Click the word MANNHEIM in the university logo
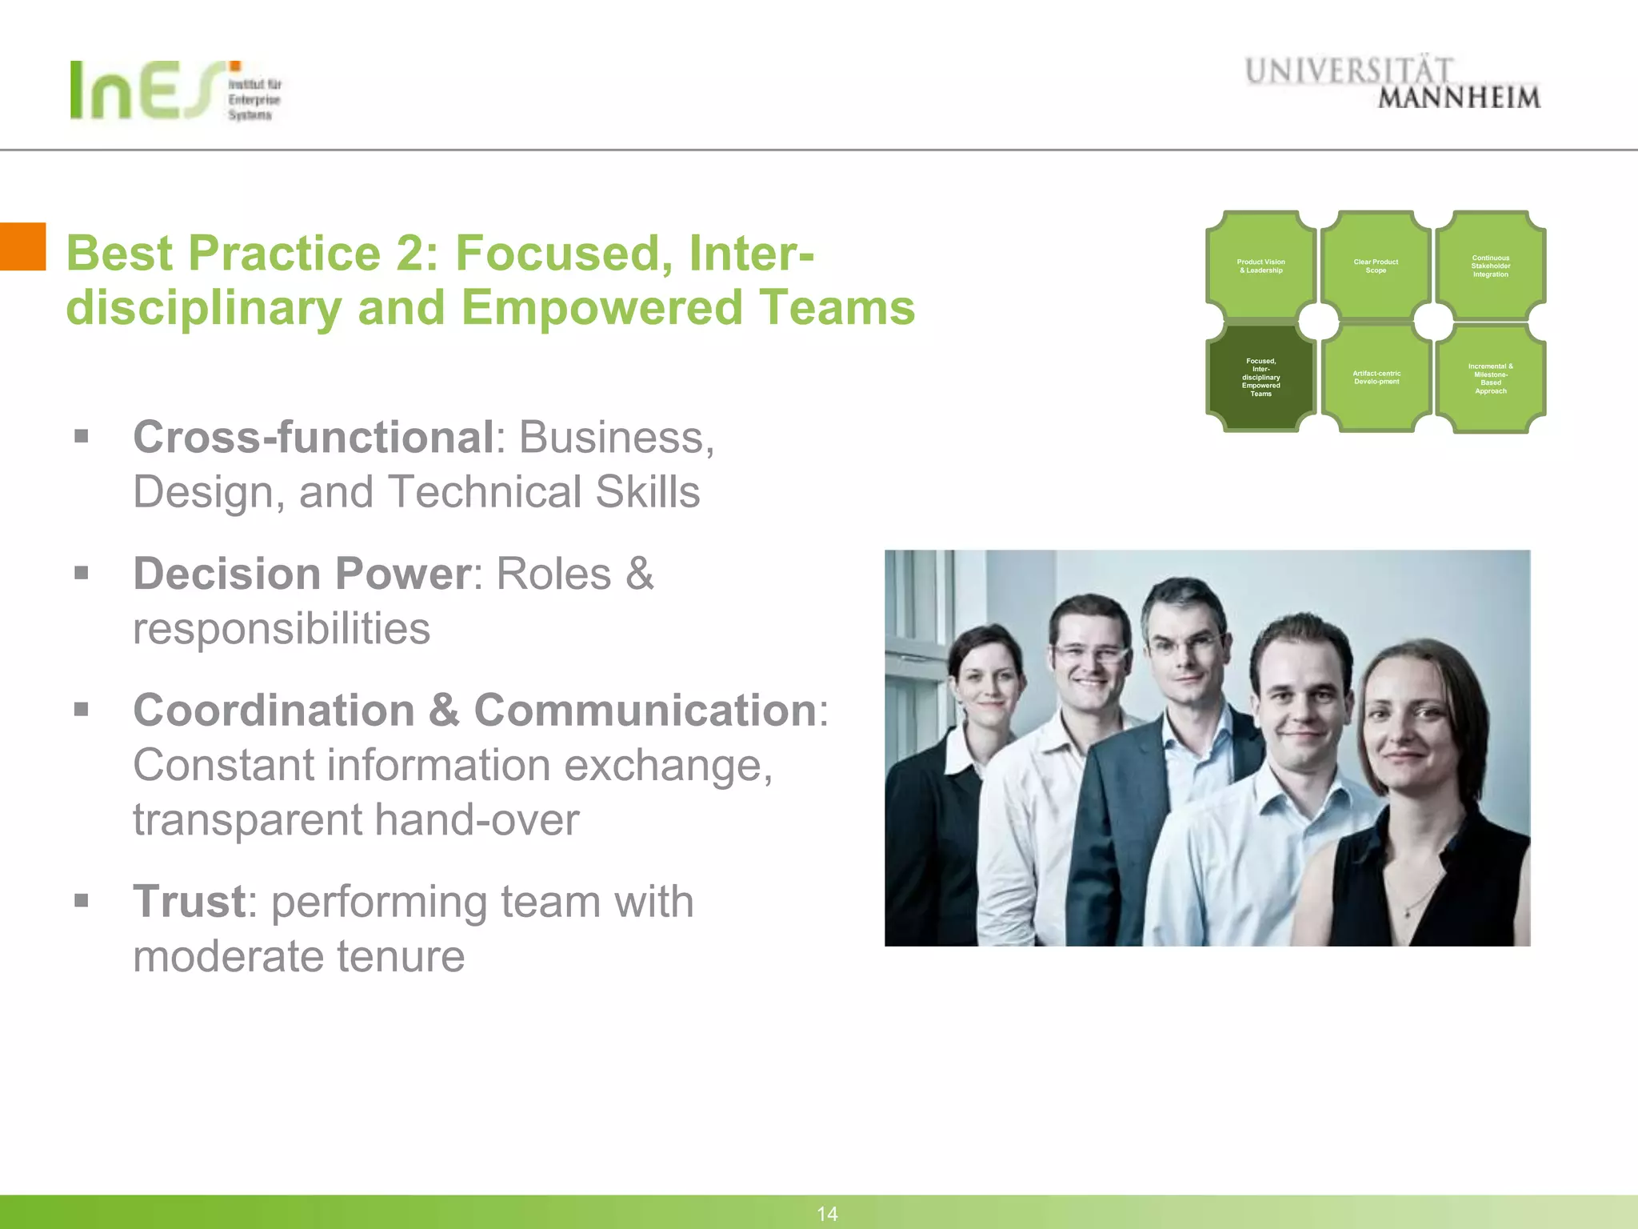click(x=1458, y=98)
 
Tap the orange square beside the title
click(x=22, y=246)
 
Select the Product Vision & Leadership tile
click(x=1260, y=266)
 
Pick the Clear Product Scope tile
click(x=1376, y=266)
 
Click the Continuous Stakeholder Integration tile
click(x=1490, y=266)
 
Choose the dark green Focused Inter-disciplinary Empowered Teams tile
click(x=1260, y=377)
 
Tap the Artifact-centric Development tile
click(x=1376, y=377)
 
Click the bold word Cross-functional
click(x=314, y=438)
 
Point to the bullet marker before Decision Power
click(x=81, y=573)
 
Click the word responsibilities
click(x=282, y=628)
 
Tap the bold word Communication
click(x=645, y=710)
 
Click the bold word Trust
click(x=189, y=901)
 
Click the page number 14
click(x=827, y=1214)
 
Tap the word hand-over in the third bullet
click(x=477, y=820)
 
